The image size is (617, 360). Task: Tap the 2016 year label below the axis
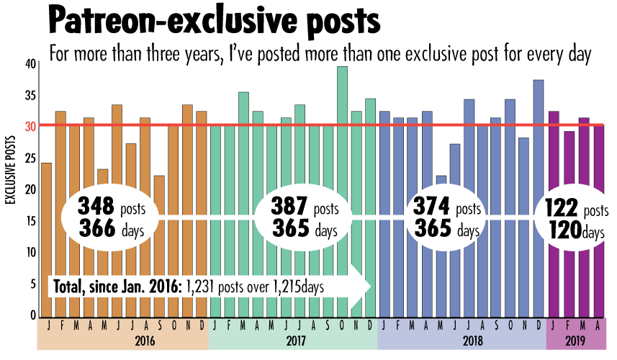(x=122, y=341)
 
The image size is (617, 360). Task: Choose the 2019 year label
(x=575, y=341)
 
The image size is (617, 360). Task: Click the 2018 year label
(x=461, y=341)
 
